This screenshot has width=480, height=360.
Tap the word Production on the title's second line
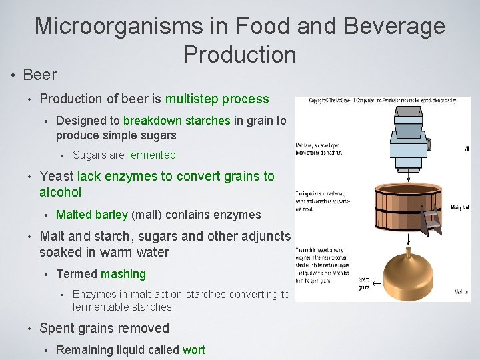(x=239, y=54)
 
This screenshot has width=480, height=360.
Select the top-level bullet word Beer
(x=40, y=74)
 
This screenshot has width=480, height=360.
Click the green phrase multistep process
(x=217, y=99)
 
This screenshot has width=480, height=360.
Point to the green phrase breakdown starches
(x=177, y=121)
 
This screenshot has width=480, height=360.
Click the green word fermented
(x=151, y=155)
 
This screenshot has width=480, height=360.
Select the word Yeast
(x=57, y=176)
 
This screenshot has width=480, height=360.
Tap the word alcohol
(x=61, y=192)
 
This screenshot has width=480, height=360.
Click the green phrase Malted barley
(x=92, y=215)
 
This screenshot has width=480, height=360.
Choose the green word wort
(x=193, y=350)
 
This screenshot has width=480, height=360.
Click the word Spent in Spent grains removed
(x=58, y=328)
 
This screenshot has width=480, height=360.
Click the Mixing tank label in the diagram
(x=461, y=207)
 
